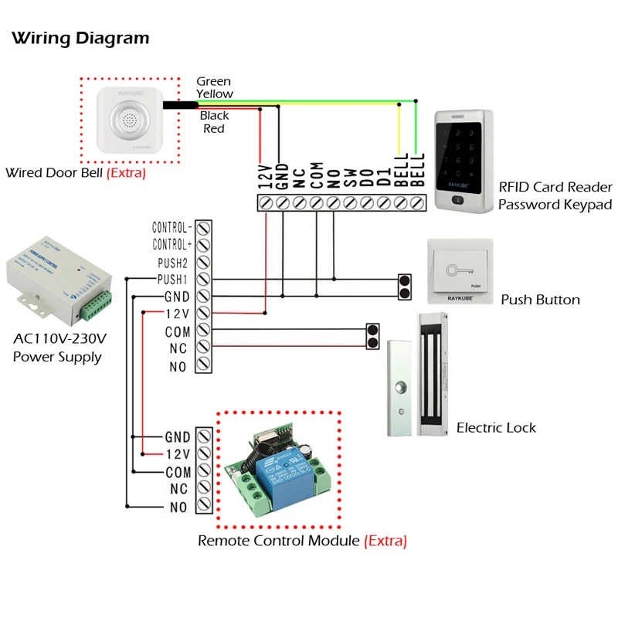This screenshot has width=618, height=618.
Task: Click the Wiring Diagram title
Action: click(x=80, y=38)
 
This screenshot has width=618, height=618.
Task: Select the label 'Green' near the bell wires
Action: click(x=213, y=81)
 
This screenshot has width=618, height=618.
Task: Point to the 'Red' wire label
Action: click(x=214, y=128)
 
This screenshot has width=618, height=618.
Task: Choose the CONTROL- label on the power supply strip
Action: click(x=171, y=229)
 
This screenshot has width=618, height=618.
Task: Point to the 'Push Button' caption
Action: click(x=540, y=300)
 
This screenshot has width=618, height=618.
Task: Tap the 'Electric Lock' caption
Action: click(x=496, y=428)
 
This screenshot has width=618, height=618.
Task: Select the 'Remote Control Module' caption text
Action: click(x=279, y=541)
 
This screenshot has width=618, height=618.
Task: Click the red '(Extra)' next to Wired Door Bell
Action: click(x=126, y=173)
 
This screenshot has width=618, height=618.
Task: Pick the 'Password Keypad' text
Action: click(x=555, y=205)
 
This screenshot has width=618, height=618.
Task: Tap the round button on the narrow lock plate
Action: click(x=399, y=388)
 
